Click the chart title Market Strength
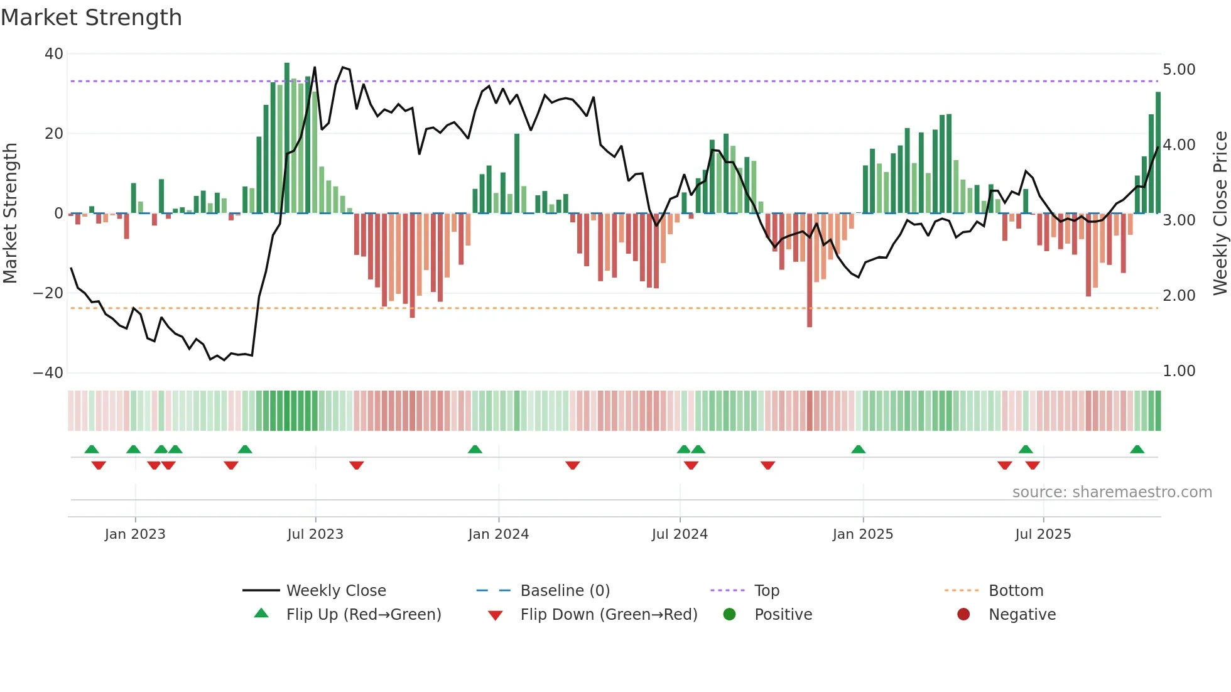[91, 18]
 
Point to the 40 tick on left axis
[54, 54]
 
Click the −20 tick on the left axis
[48, 293]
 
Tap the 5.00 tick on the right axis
[1179, 70]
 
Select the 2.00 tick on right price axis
[1179, 296]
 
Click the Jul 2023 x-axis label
[315, 534]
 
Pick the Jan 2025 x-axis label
[862, 534]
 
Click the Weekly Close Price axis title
[1220, 214]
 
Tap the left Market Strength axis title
[10, 214]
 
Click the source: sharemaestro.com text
[1112, 492]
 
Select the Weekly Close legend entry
[335, 591]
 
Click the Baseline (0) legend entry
[565, 591]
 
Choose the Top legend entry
[766, 591]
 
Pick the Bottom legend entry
[1016, 591]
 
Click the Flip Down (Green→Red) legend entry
[608, 615]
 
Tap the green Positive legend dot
[729, 615]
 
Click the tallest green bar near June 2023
[287, 138]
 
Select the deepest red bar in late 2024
[810, 270]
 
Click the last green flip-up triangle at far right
[1137, 450]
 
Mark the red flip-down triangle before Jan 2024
[357, 465]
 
